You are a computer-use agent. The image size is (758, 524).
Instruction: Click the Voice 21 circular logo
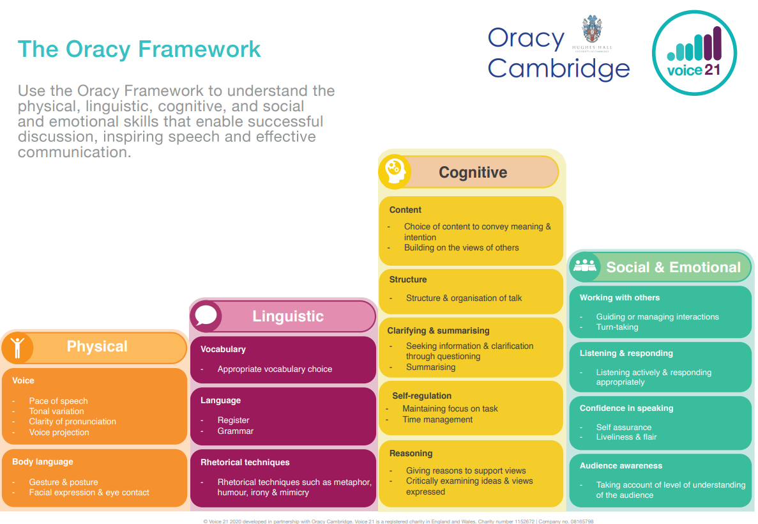694,53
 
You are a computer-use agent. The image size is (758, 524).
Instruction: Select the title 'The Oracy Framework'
139,49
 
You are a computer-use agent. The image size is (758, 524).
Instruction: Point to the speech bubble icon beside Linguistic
206,316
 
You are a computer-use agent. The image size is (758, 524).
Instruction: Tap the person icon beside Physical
17,347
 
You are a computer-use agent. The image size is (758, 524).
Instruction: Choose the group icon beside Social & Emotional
584,266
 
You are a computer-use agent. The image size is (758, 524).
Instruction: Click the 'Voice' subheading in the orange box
23,381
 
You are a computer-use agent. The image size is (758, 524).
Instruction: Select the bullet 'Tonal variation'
56,412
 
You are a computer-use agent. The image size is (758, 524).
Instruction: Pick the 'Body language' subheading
43,462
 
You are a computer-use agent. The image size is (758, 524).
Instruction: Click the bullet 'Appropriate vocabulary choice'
275,369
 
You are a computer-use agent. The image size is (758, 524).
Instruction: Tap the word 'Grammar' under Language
236,431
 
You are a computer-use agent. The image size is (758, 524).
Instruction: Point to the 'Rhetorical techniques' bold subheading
245,463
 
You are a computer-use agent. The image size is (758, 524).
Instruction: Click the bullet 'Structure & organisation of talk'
464,298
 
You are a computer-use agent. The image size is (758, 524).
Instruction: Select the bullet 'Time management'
437,420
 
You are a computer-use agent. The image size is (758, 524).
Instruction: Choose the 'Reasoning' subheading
411,454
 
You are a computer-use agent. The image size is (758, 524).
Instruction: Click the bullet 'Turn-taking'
617,327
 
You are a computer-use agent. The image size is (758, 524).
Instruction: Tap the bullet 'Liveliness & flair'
626,437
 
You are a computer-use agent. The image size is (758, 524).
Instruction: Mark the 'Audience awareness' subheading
621,466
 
